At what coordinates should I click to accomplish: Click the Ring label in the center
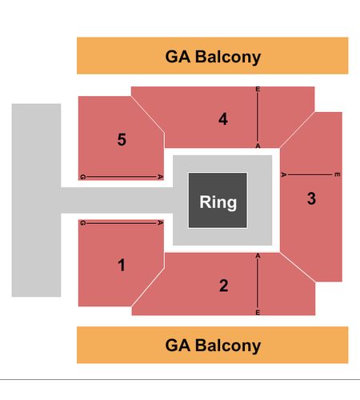click(218, 202)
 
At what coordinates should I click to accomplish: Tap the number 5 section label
click(122, 139)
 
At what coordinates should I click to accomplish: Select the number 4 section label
click(223, 119)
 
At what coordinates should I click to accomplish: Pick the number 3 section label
click(311, 198)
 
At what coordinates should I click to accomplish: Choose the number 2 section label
click(223, 286)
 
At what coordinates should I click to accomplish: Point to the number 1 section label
click(122, 266)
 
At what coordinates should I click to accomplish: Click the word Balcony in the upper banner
click(228, 58)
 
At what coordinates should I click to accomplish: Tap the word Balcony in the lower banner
click(228, 346)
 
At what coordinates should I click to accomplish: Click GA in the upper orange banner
click(178, 57)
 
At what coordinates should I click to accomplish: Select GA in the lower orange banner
click(178, 346)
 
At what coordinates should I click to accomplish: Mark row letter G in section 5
click(82, 177)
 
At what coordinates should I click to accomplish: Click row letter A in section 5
click(160, 177)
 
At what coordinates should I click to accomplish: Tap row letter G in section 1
click(82, 223)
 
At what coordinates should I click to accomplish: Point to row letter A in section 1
click(160, 222)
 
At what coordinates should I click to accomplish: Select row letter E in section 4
click(258, 89)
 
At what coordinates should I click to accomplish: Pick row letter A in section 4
click(258, 146)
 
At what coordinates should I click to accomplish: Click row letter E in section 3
click(337, 174)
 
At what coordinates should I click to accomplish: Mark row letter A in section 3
click(283, 174)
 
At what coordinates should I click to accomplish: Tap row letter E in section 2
click(258, 312)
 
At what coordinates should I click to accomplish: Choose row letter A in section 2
click(258, 256)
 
